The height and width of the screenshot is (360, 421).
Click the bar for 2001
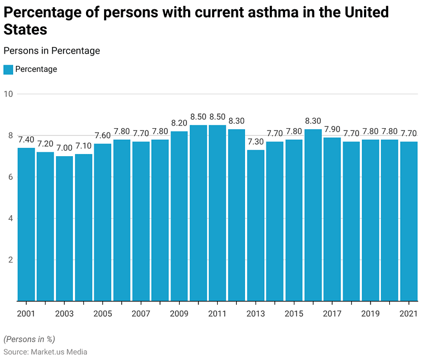tap(26, 224)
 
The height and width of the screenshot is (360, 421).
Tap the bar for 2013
tap(255, 225)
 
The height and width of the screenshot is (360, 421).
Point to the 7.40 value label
tap(26, 140)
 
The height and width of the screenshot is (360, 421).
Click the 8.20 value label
tap(179, 123)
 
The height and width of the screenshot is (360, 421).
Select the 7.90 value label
tap(332, 129)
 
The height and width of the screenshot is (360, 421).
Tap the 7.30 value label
tap(255, 142)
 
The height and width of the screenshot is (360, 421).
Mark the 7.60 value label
tap(103, 136)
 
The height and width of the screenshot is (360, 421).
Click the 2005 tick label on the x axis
tap(103, 313)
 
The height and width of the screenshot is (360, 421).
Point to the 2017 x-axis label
tap(332, 313)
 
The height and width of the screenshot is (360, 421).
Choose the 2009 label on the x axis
tap(179, 313)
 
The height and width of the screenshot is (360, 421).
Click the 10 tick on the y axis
tap(8, 94)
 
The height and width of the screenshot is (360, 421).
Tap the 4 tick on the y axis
tap(10, 218)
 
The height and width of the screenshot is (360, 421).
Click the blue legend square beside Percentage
tap(8, 70)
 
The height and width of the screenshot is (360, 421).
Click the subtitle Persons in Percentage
tap(52, 50)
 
